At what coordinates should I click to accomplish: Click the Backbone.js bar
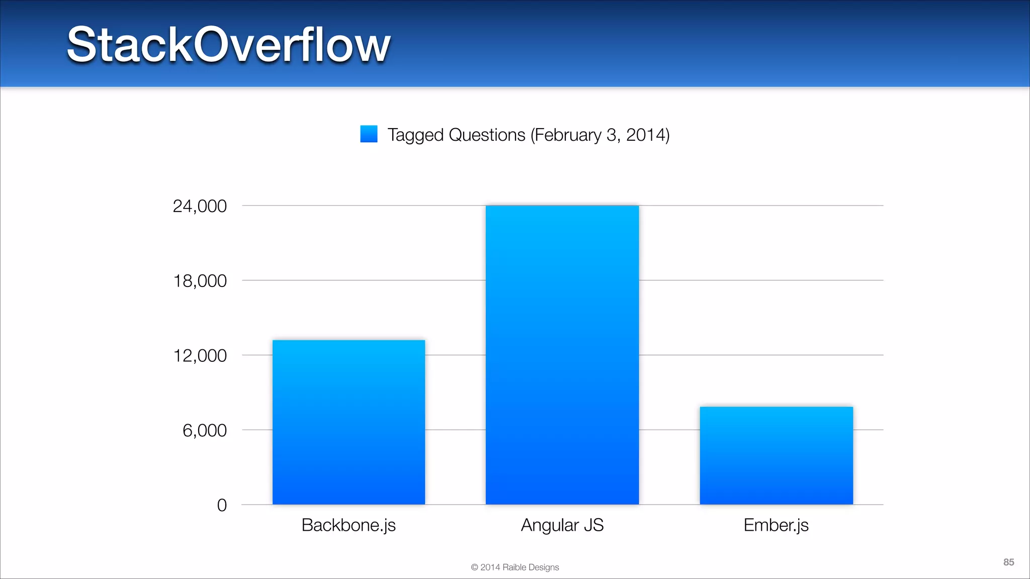pos(349,422)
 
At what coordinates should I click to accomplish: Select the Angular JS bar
pos(562,355)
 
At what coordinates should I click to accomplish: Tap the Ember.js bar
pos(776,455)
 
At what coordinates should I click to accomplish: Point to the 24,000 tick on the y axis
pos(200,206)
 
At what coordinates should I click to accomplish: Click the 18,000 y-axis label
pos(200,281)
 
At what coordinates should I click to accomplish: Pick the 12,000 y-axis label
pos(200,356)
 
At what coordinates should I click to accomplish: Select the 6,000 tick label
pos(204,431)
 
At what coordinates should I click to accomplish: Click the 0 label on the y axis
pos(222,505)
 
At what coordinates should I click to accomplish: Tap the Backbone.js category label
pos(349,525)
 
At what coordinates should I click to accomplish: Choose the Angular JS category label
pos(562,525)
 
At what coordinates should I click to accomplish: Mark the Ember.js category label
pos(776,525)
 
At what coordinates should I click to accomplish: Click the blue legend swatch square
pos(369,134)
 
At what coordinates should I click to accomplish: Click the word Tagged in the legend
pos(415,135)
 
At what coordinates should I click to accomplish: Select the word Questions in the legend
pos(487,135)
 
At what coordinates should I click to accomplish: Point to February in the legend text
pos(566,135)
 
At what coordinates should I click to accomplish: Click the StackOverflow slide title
pos(228,45)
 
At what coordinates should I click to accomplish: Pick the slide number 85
pos(1008,562)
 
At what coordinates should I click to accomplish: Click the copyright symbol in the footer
pos(474,567)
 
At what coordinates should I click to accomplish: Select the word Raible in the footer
pos(514,567)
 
